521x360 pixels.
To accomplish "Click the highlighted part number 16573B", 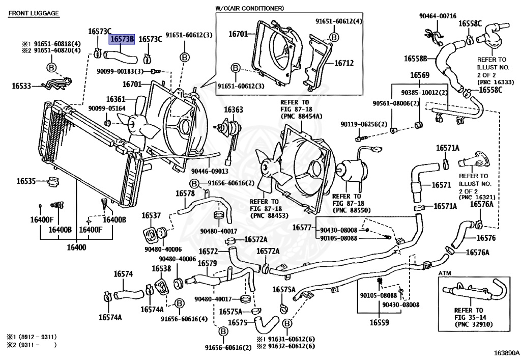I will (x=122, y=39).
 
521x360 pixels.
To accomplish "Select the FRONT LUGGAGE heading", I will (x=34, y=13).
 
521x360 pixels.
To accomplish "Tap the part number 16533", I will (x=22, y=87).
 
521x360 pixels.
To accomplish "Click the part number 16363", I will (x=234, y=109).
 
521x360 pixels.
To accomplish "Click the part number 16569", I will (x=420, y=75).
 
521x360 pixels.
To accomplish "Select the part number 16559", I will (x=379, y=322).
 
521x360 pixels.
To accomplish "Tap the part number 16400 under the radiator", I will (x=76, y=248).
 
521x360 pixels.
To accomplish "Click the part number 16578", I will (x=185, y=193).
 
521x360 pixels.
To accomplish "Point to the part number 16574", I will (x=123, y=274).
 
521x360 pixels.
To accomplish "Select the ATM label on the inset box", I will (x=445, y=273).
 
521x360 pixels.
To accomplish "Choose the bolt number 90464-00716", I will (x=438, y=16).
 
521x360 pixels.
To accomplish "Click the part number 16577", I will (x=302, y=227).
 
